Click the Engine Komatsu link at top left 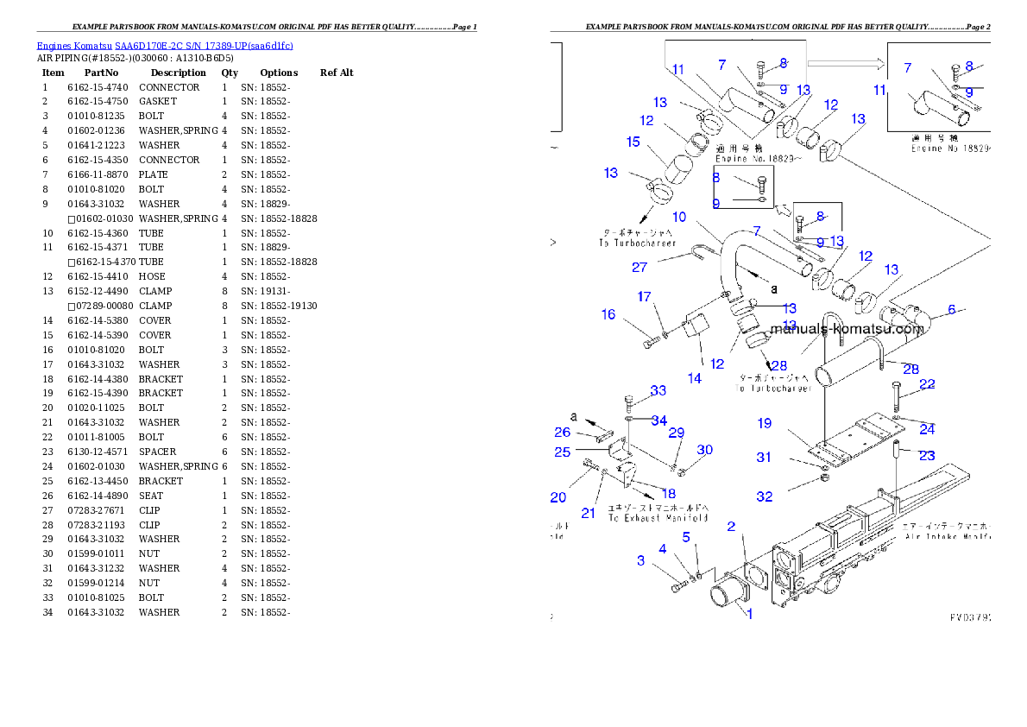(165, 46)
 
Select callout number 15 (633, 142)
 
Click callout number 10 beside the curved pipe (679, 217)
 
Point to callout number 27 (639, 267)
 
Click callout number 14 (695, 377)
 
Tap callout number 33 (658, 390)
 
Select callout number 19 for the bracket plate (765, 423)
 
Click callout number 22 (927, 384)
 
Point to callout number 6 (951, 309)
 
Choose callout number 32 (765, 496)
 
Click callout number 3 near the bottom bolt (640, 560)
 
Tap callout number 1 (749, 615)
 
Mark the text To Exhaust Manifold (658, 518)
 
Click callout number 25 (563, 451)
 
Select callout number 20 (558, 496)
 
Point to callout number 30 (705, 449)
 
